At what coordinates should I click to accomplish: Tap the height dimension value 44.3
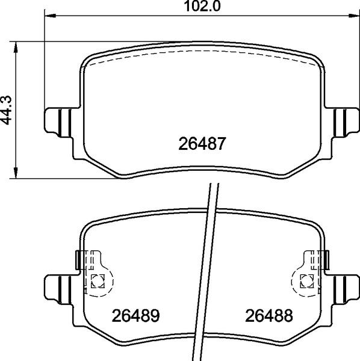tap(7, 111)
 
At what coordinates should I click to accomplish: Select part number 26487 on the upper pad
tap(202, 145)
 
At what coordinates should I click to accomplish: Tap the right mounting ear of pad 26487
tap(346, 120)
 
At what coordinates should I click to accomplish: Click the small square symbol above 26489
tap(98, 279)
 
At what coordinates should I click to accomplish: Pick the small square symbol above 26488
tap(307, 279)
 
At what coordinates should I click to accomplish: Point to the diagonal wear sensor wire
tap(208, 271)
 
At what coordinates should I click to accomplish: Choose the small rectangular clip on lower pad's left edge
tap(77, 260)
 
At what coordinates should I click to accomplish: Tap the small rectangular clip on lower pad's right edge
tap(327, 260)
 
